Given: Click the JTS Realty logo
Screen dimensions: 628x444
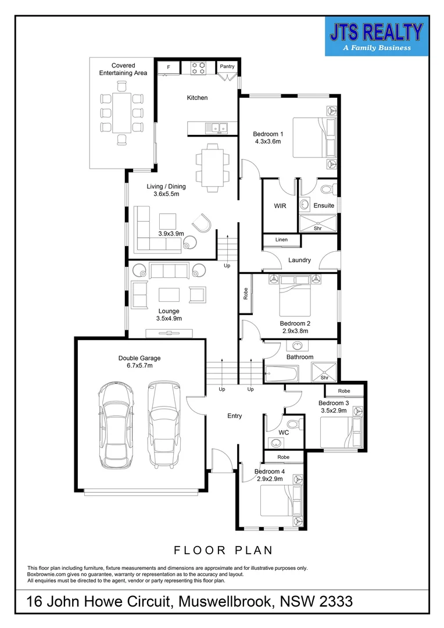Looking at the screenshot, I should click(x=377, y=37).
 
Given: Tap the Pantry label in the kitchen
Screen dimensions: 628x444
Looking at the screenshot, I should click(x=227, y=67).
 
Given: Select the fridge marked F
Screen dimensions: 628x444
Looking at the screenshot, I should click(x=169, y=67).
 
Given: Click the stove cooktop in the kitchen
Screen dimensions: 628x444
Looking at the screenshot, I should click(x=199, y=67).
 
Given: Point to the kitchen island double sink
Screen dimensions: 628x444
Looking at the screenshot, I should click(x=219, y=127).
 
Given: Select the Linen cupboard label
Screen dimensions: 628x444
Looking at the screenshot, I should click(x=281, y=240).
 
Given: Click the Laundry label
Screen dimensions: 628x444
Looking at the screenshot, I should click(x=299, y=260).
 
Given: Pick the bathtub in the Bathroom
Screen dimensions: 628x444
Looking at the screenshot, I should click(x=282, y=373).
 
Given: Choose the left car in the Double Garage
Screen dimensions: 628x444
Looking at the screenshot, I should click(x=114, y=424).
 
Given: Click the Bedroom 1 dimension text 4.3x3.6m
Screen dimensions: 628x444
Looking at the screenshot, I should click(x=268, y=141).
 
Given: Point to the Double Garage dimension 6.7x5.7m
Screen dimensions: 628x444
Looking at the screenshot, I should click(x=139, y=366).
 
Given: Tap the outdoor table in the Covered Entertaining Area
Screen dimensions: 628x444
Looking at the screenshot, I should click(x=121, y=113).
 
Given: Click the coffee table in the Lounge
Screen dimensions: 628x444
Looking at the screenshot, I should click(x=170, y=294).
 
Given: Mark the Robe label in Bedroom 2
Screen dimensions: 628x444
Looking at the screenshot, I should click(x=246, y=294).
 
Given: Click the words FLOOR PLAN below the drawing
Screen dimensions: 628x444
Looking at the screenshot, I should click(x=223, y=549).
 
